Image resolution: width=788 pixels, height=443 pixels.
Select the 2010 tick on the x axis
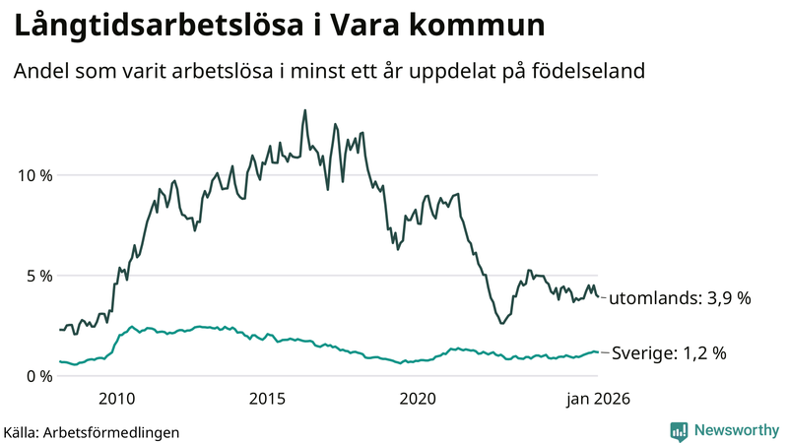tap(117, 399)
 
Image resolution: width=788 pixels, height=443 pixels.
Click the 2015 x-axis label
tap(267, 399)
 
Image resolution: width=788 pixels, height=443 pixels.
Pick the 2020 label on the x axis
tap(418, 399)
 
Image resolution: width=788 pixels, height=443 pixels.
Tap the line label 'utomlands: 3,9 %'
tap(681, 298)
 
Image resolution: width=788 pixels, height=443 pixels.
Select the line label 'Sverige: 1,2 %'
tap(670, 352)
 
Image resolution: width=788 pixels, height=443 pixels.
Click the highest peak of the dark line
tap(304, 110)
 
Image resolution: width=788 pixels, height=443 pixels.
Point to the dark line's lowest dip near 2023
tap(501, 323)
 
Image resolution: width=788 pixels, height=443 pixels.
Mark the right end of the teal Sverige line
tap(598, 351)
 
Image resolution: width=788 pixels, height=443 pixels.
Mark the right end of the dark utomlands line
tap(598, 297)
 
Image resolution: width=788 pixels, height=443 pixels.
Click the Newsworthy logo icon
tap(679, 430)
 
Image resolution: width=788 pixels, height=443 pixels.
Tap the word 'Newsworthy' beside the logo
tap(735, 430)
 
